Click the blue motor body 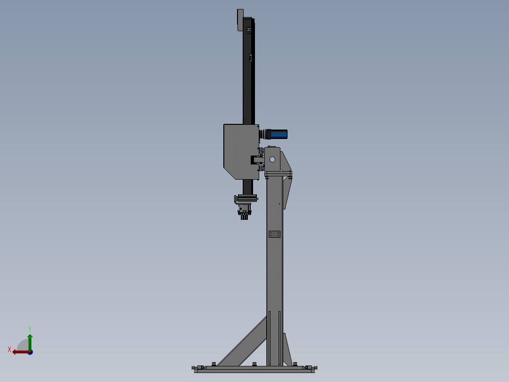pos(279,134)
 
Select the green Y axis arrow pos(30,342)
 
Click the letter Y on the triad pos(30,329)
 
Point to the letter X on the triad pos(9,349)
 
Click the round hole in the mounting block pos(272,159)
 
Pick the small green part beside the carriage pos(261,155)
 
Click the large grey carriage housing pos(241,151)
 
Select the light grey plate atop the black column pos(240,20)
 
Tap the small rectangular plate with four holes pos(274,234)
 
